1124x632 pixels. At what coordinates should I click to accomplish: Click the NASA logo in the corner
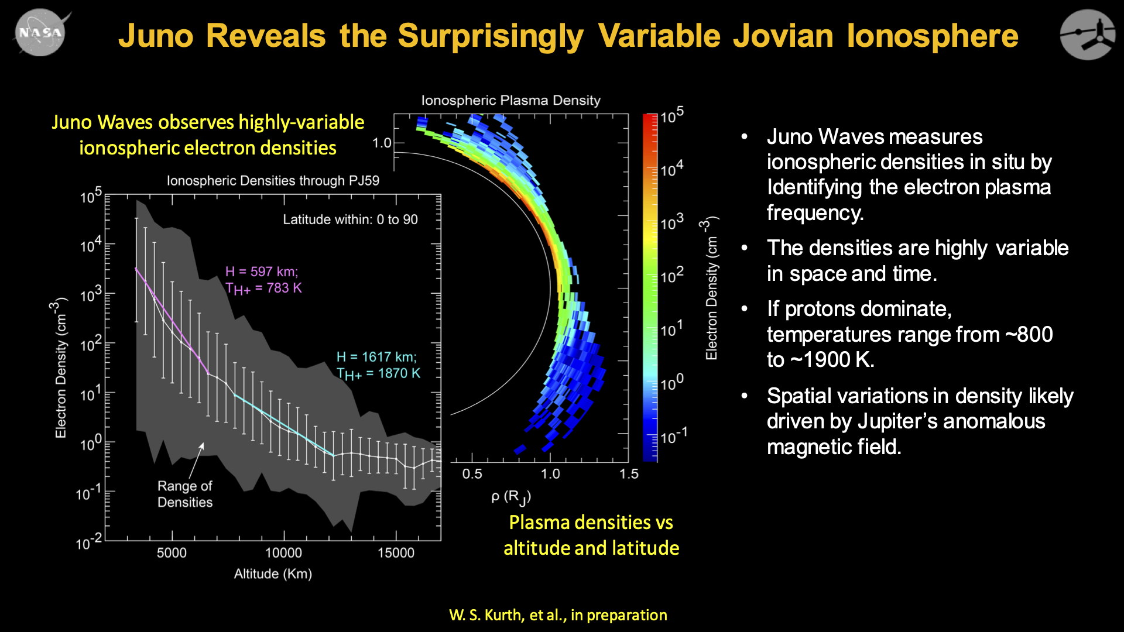(x=40, y=33)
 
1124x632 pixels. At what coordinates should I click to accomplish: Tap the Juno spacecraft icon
(x=1088, y=34)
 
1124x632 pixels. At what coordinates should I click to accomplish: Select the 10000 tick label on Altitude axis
(x=283, y=552)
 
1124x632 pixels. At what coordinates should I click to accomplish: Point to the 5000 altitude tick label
(x=172, y=552)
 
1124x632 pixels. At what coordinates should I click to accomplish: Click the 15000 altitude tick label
(x=396, y=552)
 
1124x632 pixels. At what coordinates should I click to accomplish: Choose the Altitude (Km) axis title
(x=273, y=573)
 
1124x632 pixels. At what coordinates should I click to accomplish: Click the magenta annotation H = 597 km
(x=262, y=272)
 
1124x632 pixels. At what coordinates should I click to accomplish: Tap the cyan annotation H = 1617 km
(x=376, y=357)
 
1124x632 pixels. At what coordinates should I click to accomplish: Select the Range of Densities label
(x=185, y=494)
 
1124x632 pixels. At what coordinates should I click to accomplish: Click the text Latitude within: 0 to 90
(x=350, y=219)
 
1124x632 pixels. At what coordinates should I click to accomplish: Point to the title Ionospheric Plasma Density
(x=510, y=100)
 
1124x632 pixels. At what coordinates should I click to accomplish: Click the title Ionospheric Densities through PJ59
(x=273, y=180)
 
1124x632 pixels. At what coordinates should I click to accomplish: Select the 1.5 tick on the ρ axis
(x=629, y=473)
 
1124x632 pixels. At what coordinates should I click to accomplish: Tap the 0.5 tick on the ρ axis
(x=472, y=473)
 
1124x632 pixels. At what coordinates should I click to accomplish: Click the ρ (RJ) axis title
(x=510, y=497)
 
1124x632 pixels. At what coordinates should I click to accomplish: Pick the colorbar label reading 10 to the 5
(x=671, y=116)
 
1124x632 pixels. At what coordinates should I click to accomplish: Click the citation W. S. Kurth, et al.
(x=558, y=615)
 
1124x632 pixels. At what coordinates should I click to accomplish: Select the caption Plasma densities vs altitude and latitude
(x=591, y=535)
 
